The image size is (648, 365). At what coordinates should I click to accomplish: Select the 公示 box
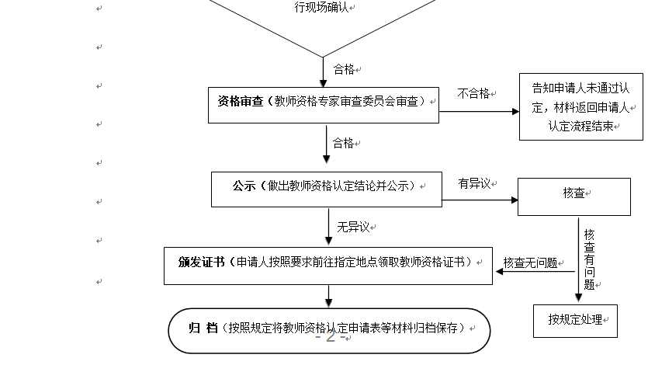pos(326,189)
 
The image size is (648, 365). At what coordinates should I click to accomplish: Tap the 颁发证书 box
pos(328,265)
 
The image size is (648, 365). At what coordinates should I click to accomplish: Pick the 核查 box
pos(574,196)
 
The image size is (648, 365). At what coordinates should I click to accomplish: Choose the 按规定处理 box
pos(575,319)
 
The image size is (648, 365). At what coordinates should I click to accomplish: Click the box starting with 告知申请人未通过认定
pos(581,106)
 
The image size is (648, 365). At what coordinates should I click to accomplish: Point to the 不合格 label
pos(473,93)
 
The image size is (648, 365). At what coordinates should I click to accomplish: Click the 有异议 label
pos(474,183)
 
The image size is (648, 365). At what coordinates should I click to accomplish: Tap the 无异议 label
pos(354,228)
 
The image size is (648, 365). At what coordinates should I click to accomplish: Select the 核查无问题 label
pos(530,262)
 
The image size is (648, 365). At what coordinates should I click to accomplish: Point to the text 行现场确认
pos(322,7)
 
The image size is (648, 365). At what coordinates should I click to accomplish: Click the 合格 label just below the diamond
pos(343,69)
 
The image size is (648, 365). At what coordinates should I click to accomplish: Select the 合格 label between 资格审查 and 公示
pos(343,144)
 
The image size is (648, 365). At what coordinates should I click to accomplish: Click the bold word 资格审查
pos(239,100)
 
